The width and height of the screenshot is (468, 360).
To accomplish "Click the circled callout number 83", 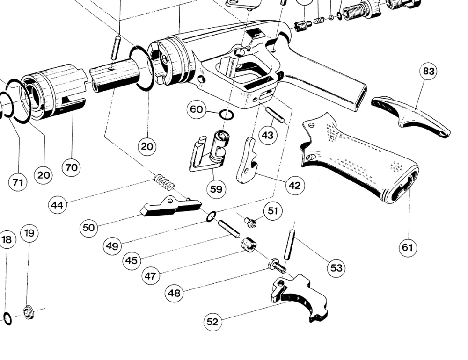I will tap(428, 71).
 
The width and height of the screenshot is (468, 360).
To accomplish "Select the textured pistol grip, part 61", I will tap(360, 159).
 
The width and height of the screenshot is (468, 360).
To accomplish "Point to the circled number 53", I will tap(336, 268).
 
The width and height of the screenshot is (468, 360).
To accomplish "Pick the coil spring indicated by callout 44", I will tap(164, 182).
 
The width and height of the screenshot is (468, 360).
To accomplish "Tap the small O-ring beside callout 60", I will tap(226, 115).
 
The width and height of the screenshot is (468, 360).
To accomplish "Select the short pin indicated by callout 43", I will tap(275, 115).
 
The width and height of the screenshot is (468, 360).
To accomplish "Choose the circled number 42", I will tap(294, 186).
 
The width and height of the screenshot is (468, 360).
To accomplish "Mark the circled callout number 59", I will tap(216, 189).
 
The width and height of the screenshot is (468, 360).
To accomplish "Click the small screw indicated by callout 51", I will tap(251, 223).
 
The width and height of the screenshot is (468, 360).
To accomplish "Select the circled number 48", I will tap(174, 294).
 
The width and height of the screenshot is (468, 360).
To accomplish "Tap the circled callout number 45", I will tap(132, 260).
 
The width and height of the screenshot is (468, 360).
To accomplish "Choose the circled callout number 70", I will tap(71, 167).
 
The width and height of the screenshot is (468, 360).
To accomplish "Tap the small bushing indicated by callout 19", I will tap(29, 312).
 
